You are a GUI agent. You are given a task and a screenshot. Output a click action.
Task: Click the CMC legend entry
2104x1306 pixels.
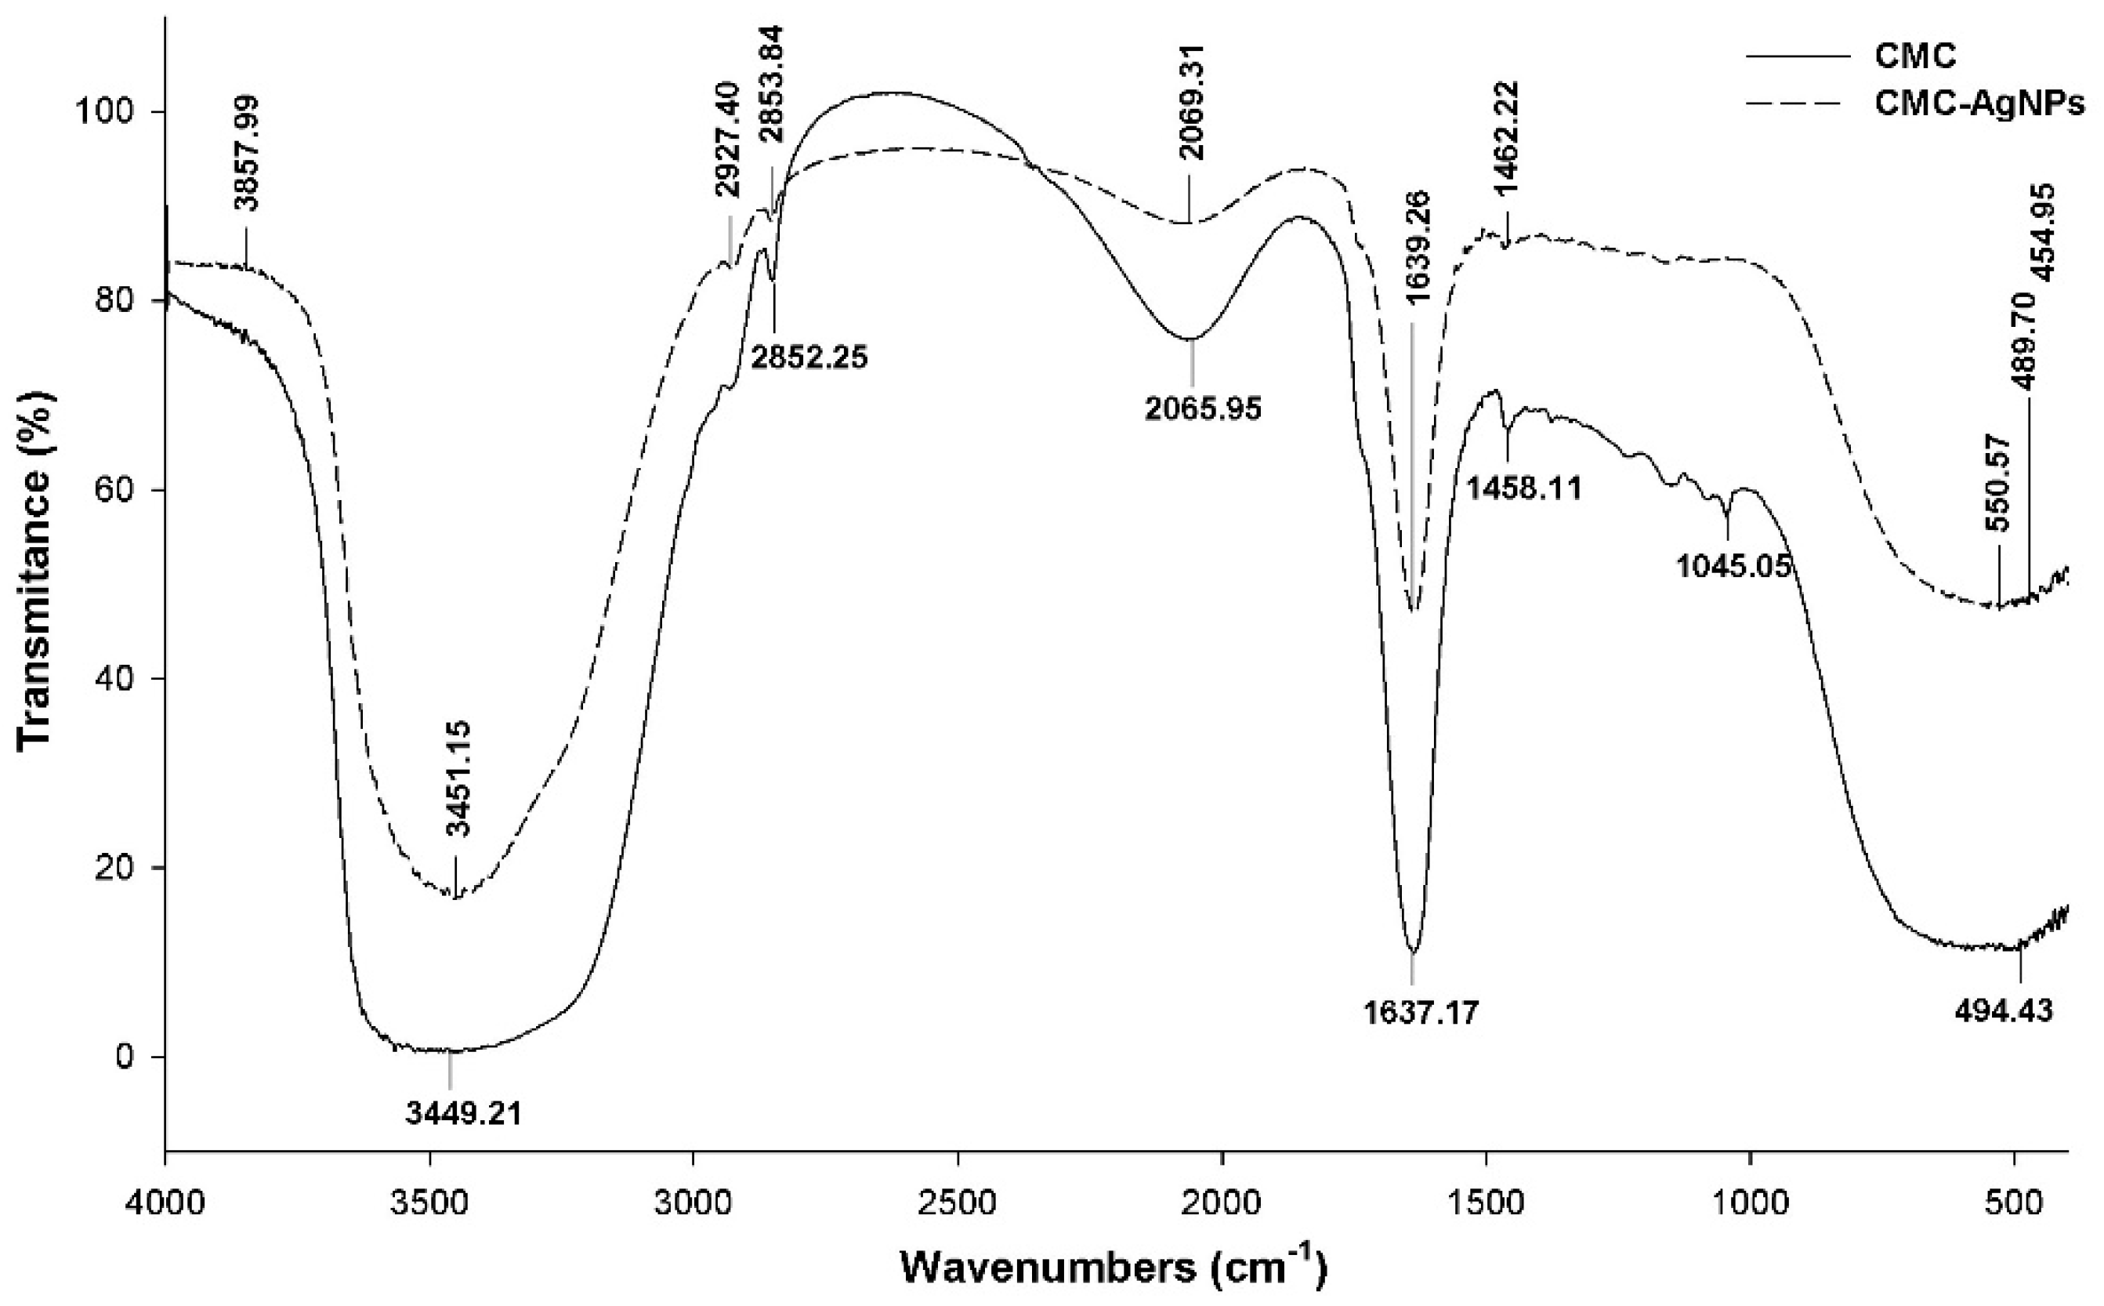click(x=1908, y=56)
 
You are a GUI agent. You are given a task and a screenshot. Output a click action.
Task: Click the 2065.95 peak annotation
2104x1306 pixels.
click(x=1204, y=408)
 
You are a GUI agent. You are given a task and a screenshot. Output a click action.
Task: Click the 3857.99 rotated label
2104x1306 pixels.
click(x=247, y=153)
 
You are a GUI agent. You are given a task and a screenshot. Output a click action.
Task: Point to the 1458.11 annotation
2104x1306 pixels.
click(x=1524, y=489)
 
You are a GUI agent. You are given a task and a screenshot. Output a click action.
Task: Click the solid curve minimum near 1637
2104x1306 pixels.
click(x=1412, y=950)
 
